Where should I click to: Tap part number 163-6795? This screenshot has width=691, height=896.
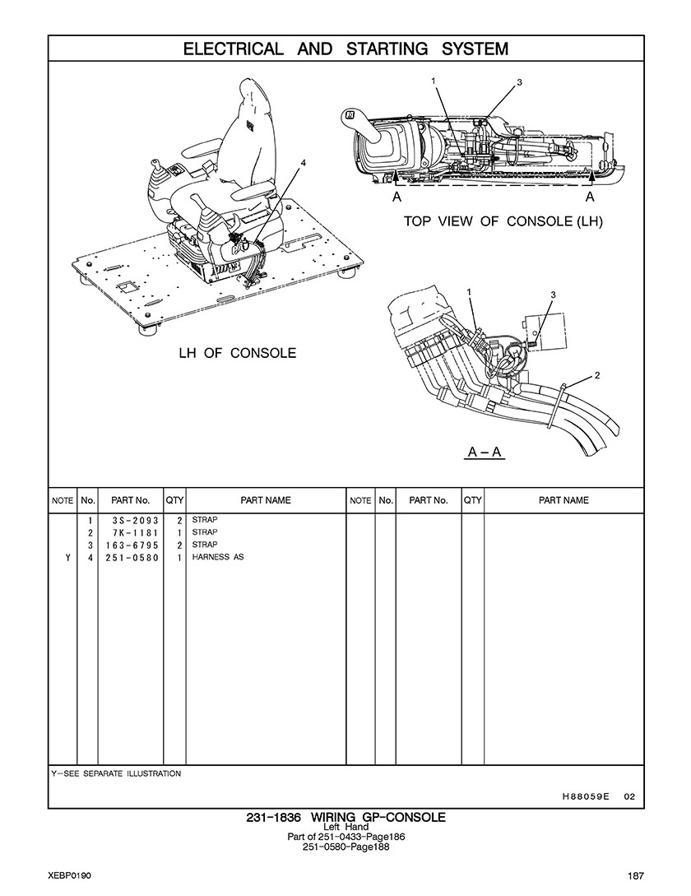132,545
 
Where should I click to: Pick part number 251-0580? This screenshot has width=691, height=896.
132,558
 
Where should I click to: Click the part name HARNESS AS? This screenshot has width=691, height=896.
218,556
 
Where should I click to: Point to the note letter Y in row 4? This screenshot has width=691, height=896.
67,558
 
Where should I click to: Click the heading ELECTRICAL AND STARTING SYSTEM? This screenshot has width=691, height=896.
345,49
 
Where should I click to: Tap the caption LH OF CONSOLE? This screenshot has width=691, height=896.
238,353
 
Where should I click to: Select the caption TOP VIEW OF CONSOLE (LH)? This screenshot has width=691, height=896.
503,221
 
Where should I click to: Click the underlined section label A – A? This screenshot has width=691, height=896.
484,452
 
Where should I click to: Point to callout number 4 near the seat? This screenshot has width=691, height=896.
304,162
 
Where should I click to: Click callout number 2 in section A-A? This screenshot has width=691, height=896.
596,375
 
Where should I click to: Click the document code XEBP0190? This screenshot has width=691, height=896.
70,875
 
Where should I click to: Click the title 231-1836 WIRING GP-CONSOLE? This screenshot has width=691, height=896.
345,817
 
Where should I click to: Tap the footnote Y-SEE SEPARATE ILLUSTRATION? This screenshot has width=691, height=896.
116,773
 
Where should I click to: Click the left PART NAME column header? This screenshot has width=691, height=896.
266,500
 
